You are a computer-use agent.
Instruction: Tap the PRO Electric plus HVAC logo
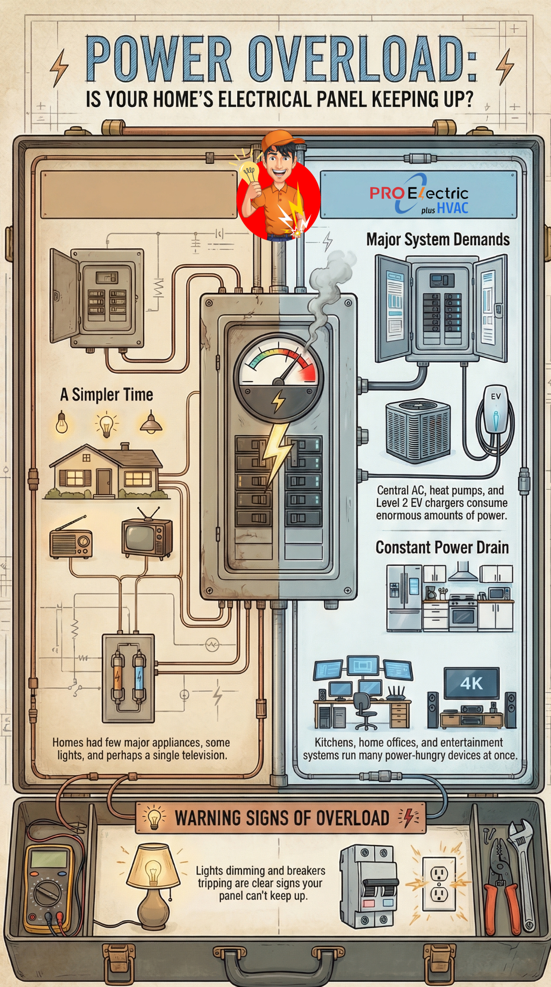pyautogui.click(x=419, y=195)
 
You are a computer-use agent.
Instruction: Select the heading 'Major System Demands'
pyautogui.click(x=438, y=239)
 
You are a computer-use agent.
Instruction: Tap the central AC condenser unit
pyautogui.click(x=418, y=430)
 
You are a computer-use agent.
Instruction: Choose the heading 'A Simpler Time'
pyautogui.click(x=106, y=395)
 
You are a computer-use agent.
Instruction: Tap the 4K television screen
pyautogui.click(x=471, y=683)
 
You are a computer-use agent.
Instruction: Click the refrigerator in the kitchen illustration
pyautogui.click(x=404, y=598)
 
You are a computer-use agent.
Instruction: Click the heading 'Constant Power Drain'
pyautogui.click(x=441, y=548)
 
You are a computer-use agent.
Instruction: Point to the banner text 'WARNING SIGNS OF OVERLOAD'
pyautogui.click(x=282, y=818)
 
